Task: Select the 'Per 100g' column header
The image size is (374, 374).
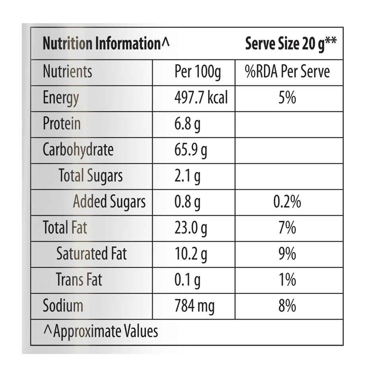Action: click(198, 72)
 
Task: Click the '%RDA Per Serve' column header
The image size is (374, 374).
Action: click(287, 71)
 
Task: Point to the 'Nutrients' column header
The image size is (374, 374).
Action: click(68, 71)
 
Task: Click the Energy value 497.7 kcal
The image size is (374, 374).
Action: click(201, 97)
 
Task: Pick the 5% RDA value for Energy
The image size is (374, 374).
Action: click(287, 97)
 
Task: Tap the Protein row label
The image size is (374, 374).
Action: click(62, 123)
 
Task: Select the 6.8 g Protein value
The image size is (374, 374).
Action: click(187, 124)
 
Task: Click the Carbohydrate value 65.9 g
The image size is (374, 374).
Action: click(191, 150)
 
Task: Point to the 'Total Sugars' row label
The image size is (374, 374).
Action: click(91, 176)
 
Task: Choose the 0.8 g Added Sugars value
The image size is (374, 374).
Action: click(187, 202)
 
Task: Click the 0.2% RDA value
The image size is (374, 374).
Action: click(287, 202)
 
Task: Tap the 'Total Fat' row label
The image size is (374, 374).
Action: click(65, 227)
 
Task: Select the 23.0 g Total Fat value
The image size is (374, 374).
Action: click(191, 228)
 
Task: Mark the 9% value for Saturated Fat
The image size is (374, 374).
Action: click(287, 253)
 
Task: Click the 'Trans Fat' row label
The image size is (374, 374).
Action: click(79, 279)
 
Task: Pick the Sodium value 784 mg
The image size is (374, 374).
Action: click(195, 306)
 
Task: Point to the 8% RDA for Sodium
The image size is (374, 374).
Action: click(287, 305)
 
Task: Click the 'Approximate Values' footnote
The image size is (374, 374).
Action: click(101, 332)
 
